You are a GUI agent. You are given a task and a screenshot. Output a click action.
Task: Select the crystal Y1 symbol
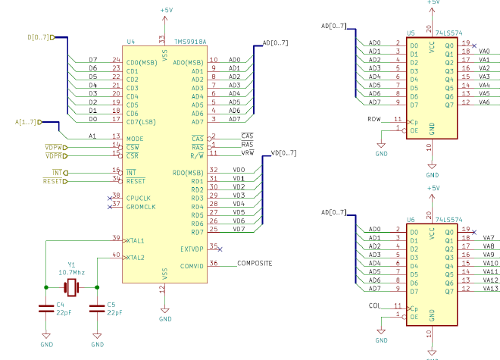(x=71, y=287)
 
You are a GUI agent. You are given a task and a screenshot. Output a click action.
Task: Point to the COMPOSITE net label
(x=255, y=264)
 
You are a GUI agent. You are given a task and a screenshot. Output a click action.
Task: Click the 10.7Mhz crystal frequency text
(x=72, y=271)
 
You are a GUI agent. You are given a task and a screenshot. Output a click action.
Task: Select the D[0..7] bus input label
(x=38, y=36)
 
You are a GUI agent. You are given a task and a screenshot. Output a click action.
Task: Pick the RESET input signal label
(x=52, y=181)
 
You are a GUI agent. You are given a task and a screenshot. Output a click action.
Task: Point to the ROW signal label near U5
(x=374, y=120)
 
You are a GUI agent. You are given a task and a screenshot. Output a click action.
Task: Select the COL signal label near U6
(x=375, y=307)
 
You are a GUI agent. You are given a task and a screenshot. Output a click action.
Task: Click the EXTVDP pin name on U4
(x=193, y=249)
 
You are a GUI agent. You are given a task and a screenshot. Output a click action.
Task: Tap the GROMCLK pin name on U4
(x=142, y=206)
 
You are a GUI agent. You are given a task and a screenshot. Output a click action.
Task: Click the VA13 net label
(x=489, y=288)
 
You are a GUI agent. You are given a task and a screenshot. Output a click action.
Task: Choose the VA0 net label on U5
(x=486, y=52)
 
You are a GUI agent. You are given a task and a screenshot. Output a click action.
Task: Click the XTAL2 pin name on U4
(x=136, y=258)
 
